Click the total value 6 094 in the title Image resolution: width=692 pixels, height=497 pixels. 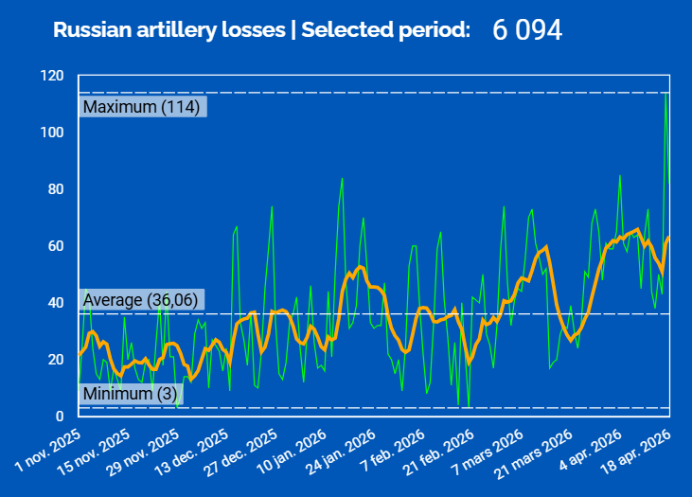[527, 30]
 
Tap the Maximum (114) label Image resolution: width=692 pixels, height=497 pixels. [141, 107]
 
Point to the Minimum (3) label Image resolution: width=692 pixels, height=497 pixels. [130, 393]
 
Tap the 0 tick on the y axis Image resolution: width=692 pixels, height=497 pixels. [60, 416]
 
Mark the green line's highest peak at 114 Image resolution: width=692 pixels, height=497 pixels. [665, 93]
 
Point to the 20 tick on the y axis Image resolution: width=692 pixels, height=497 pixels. [56, 360]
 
